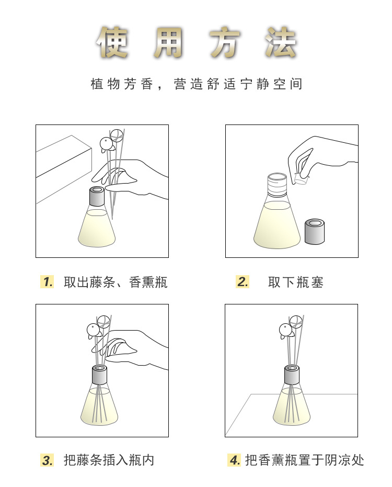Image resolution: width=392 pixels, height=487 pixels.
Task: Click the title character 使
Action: [x=112, y=42]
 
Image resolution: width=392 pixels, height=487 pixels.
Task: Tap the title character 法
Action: [x=281, y=42]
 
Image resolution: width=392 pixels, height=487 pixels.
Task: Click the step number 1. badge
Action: [x=47, y=282]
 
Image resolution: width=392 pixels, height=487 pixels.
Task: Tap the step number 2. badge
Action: [x=243, y=282]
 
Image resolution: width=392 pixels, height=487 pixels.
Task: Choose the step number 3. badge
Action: [x=47, y=460]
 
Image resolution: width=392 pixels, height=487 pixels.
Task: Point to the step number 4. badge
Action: [x=234, y=460]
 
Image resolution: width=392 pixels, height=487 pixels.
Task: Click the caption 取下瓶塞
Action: [x=295, y=282]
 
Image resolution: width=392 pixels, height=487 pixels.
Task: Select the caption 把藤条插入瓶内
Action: [x=109, y=460]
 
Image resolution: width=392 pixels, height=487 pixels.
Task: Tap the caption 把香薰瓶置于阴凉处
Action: [x=305, y=460]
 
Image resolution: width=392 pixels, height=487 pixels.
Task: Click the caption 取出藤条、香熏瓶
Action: [x=116, y=282]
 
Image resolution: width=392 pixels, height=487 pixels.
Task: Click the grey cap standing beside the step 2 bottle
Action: [x=315, y=231]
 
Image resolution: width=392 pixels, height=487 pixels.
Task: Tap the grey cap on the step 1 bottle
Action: [x=97, y=196]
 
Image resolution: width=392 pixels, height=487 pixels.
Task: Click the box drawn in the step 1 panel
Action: [x=64, y=169]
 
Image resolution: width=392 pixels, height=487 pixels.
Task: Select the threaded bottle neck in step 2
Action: [x=277, y=185]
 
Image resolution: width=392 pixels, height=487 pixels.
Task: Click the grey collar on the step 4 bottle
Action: [x=292, y=375]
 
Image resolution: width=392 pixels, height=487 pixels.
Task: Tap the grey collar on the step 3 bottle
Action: [x=100, y=375]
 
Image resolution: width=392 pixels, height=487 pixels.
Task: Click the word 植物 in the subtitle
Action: [x=105, y=84]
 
